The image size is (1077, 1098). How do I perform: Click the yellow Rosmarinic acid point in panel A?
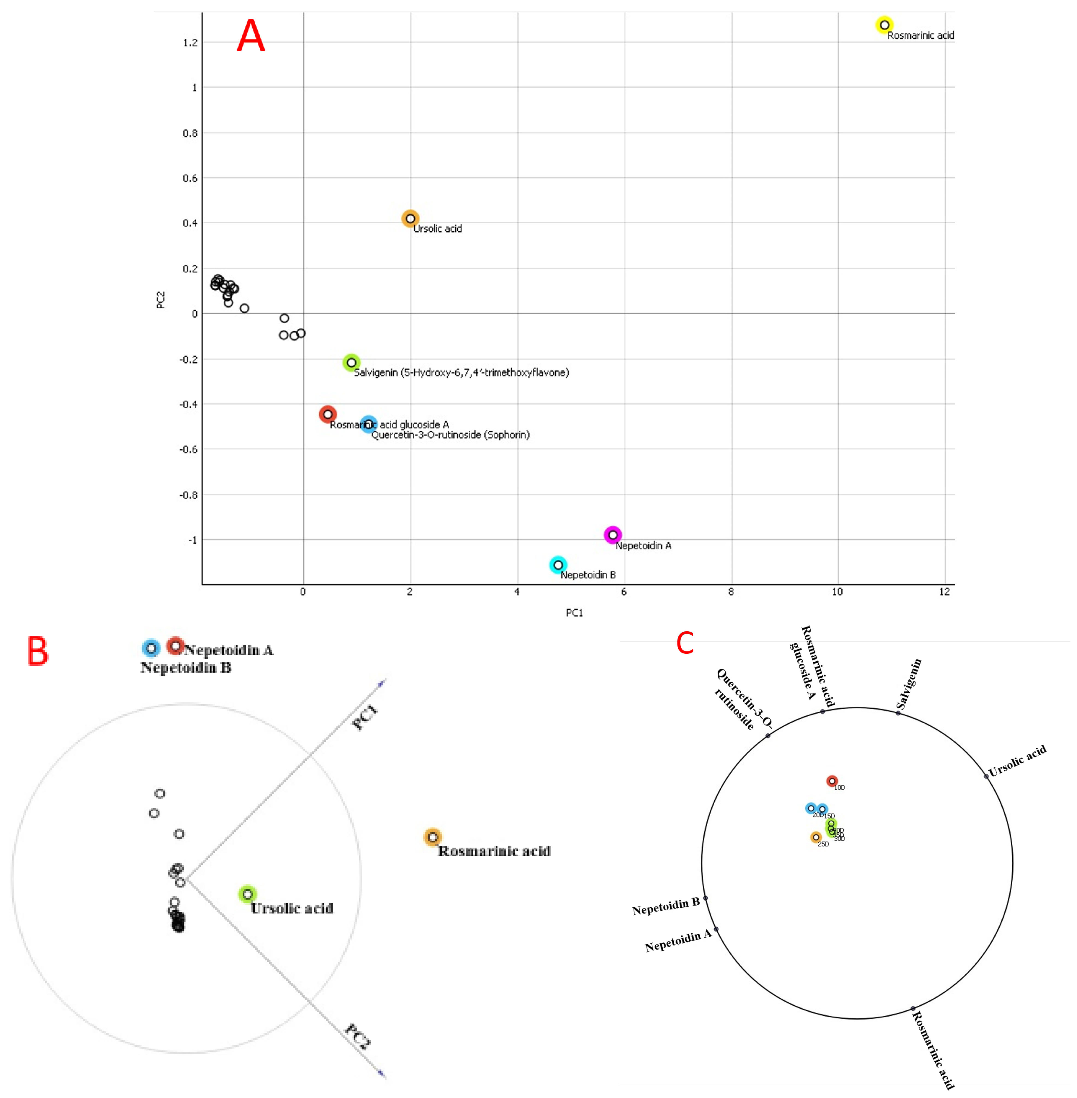coord(884,25)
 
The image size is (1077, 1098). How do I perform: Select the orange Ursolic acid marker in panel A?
coord(410,218)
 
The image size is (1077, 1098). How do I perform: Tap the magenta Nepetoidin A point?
coord(613,535)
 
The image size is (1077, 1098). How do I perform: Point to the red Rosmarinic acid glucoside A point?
coord(327,414)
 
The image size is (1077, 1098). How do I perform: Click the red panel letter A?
coord(251,36)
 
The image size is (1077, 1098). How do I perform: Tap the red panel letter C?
coord(685,643)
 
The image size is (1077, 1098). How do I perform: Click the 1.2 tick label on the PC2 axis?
coord(190,42)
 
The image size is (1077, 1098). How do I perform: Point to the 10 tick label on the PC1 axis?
coord(837,592)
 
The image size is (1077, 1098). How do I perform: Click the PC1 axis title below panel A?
coord(574,613)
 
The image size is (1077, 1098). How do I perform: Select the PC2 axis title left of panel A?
coord(161,300)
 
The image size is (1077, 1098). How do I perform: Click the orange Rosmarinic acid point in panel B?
coord(432,837)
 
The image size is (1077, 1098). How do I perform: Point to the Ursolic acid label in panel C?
coord(1017,761)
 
